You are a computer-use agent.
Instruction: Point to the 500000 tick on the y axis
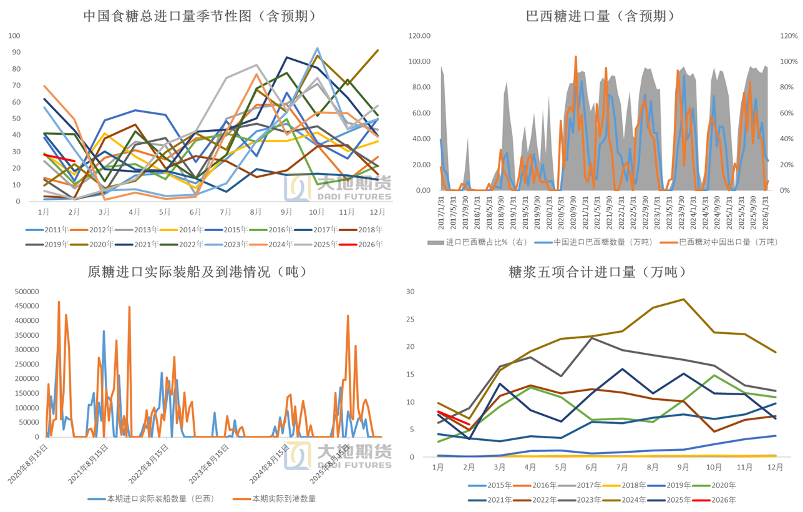pos(25,292)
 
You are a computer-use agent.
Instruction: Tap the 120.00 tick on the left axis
pos(419,36)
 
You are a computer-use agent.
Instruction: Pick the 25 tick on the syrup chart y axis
pos(410,319)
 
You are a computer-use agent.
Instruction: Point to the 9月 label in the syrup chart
pos(683,466)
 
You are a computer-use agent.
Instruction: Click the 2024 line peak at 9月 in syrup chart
pos(683,299)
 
